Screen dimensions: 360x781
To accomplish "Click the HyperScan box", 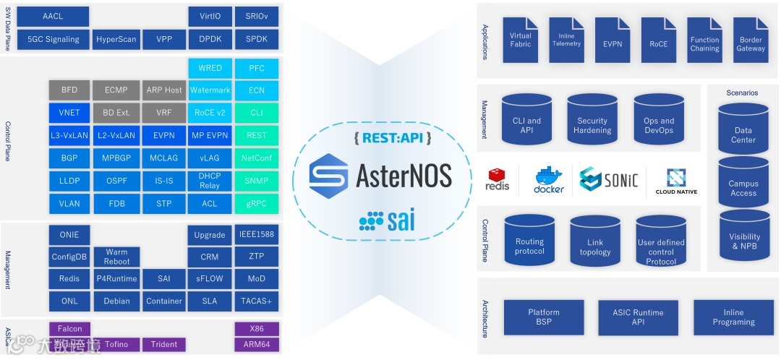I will [x=116, y=39].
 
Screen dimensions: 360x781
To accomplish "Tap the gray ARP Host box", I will [x=163, y=90].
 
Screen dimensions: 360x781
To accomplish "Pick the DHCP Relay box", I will [x=210, y=181].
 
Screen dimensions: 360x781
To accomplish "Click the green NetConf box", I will [x=256, y=158].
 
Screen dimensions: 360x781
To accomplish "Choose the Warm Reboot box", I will [x=116, y=257].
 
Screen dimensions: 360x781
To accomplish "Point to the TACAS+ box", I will [x=256, y=301].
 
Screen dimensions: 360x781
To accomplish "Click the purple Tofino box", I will [x=116, y=345].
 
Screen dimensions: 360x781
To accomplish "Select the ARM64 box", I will [x=256, y=345].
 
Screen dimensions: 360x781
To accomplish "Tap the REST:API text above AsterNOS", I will [x=393, y=137].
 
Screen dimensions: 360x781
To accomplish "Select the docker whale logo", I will [x=549, y=179].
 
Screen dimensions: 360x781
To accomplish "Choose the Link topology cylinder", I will [x=595, y=243].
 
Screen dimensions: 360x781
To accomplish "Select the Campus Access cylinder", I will [x=743, y=186].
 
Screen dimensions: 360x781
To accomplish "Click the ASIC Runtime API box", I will [x=638, y=317].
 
